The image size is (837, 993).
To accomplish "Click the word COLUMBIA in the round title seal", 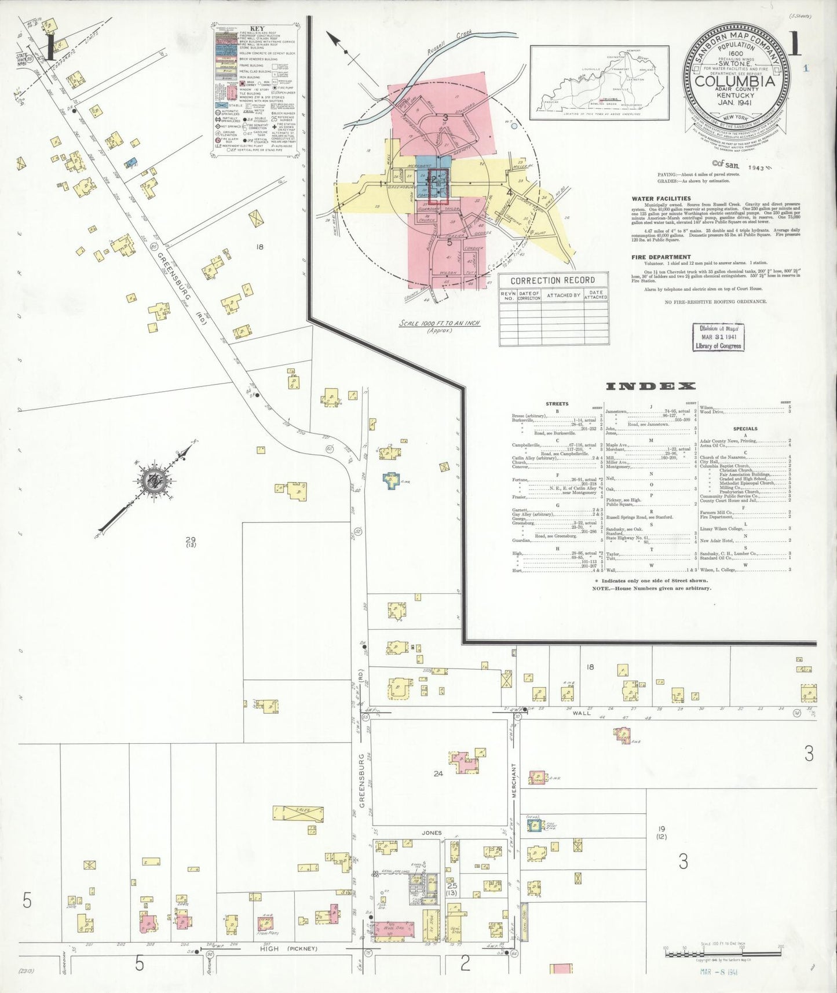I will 734,81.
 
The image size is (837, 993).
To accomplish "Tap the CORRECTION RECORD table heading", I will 553,280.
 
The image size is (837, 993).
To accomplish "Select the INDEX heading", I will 650,386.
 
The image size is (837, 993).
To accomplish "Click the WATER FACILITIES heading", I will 661,198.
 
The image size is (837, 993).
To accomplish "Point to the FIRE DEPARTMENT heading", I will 661,257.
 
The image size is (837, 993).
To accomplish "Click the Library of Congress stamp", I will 718,337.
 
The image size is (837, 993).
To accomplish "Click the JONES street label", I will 431,833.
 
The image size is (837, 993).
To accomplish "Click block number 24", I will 438,773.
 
